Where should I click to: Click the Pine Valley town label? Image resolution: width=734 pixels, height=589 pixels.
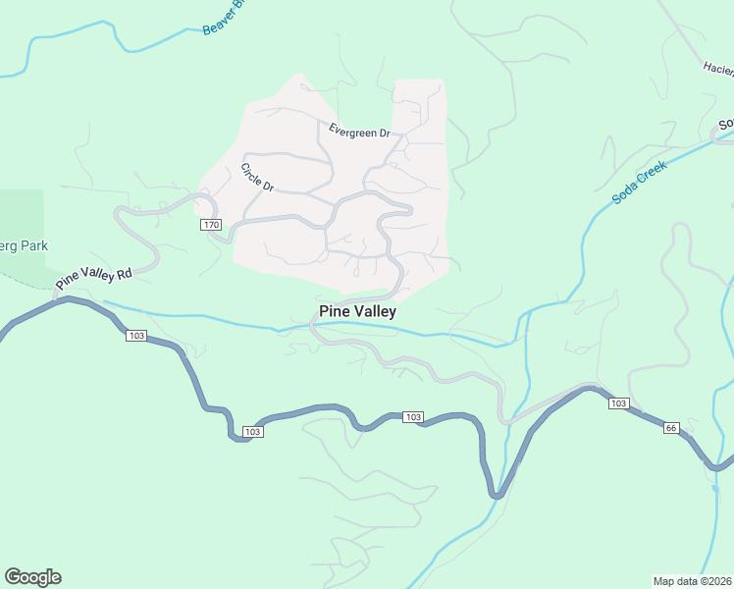pos(357,311)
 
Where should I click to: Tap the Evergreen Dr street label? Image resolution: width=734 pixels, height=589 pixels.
pos(359,132)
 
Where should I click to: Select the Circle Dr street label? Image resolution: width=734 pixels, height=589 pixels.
pos(257,178)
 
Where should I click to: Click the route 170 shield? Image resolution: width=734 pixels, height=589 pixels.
pos(211,225)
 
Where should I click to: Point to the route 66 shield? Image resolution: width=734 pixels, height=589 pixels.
pos(671,427)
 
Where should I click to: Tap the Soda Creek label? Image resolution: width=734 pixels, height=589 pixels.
pos(639,183)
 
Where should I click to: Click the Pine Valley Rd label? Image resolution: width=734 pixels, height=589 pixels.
pos(93,277)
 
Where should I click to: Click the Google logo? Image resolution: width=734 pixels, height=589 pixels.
pos(32,577)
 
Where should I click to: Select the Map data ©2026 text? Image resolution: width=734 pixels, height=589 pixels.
pos(692,580)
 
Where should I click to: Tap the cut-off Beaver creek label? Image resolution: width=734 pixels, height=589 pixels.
pos(221,20)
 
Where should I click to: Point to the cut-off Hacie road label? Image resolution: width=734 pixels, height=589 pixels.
pos(717,68)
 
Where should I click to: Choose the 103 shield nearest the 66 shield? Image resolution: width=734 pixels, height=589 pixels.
pos(617,403)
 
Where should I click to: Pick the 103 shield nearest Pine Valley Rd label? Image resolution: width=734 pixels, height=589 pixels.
pos(136,336)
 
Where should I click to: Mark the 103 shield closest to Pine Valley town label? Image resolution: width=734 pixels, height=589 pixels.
pos(413,417)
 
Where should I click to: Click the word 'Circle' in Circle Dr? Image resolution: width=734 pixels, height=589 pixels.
pos(252,173)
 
